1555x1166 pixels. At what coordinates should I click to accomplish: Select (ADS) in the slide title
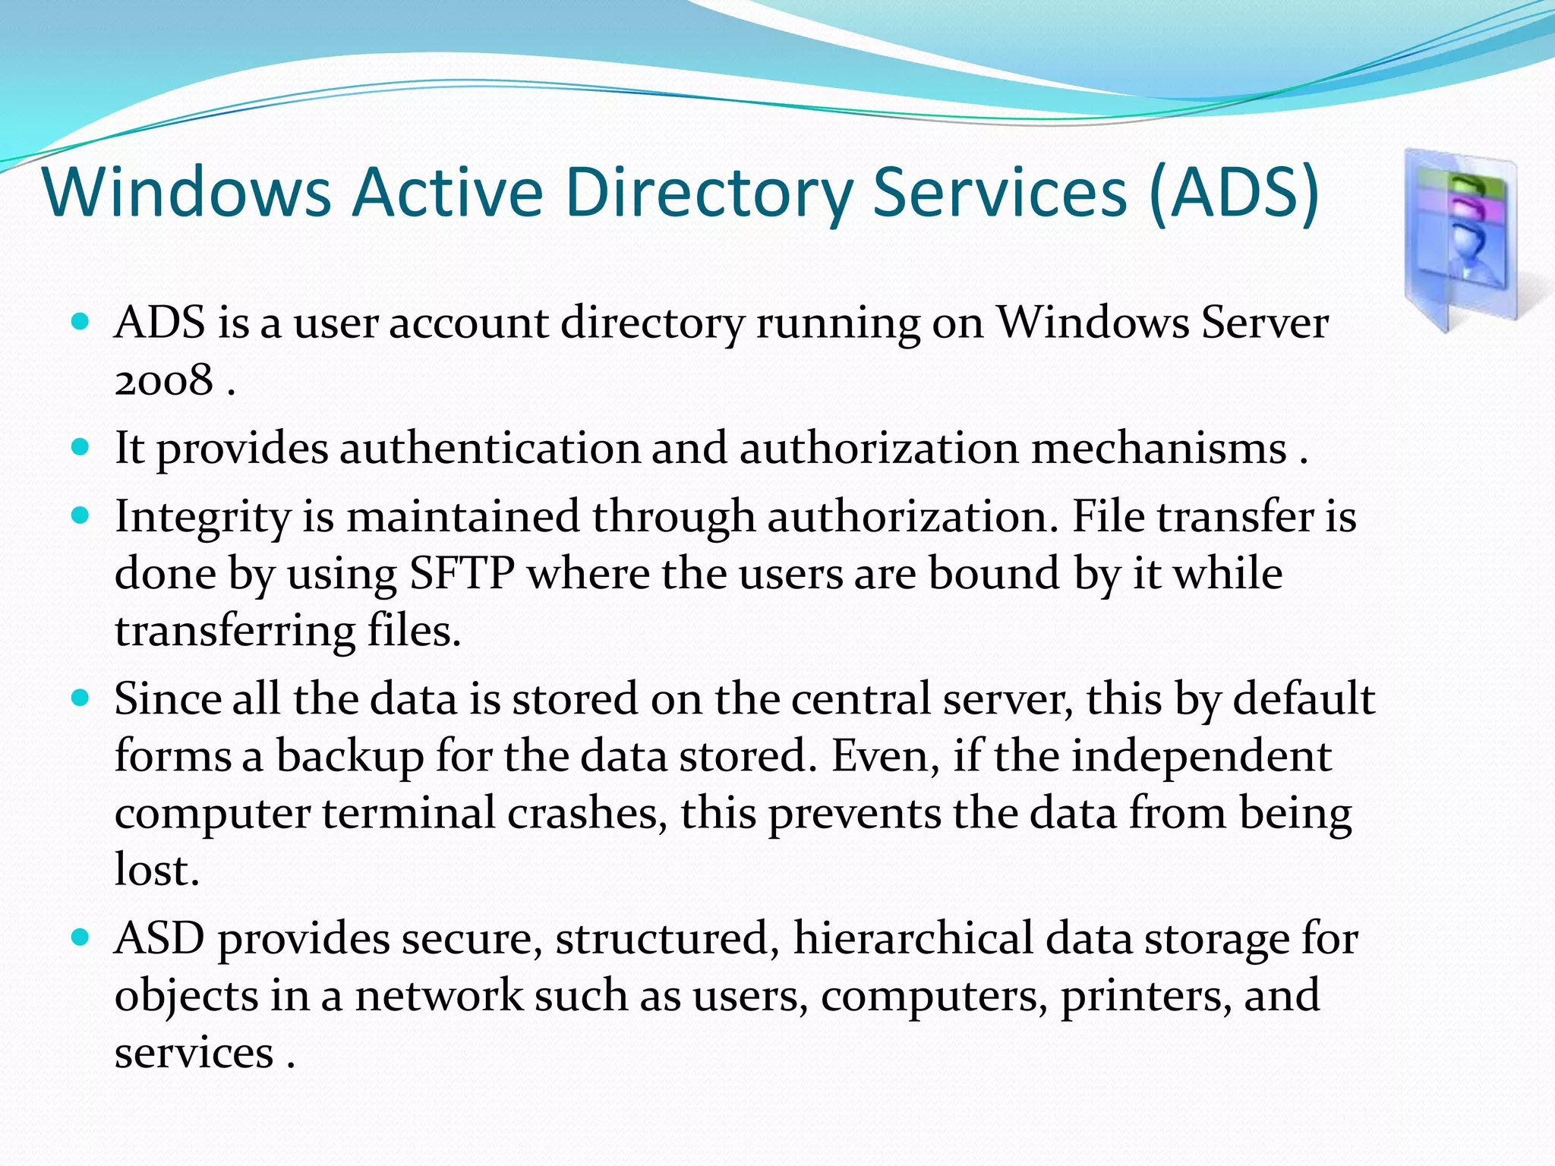[1234, 192]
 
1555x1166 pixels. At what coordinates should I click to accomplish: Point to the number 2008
[163, 380]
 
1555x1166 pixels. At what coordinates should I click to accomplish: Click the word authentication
[490, 448]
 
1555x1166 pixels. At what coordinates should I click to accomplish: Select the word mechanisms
[1159, 448]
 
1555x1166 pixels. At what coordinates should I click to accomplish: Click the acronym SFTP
[462, 574]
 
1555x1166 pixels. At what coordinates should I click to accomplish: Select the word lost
[156, 870]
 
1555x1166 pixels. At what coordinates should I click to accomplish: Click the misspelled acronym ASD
[159, 938]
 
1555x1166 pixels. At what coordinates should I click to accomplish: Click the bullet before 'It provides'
[80, 446]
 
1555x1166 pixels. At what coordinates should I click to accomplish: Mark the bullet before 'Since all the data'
[80, 698]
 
